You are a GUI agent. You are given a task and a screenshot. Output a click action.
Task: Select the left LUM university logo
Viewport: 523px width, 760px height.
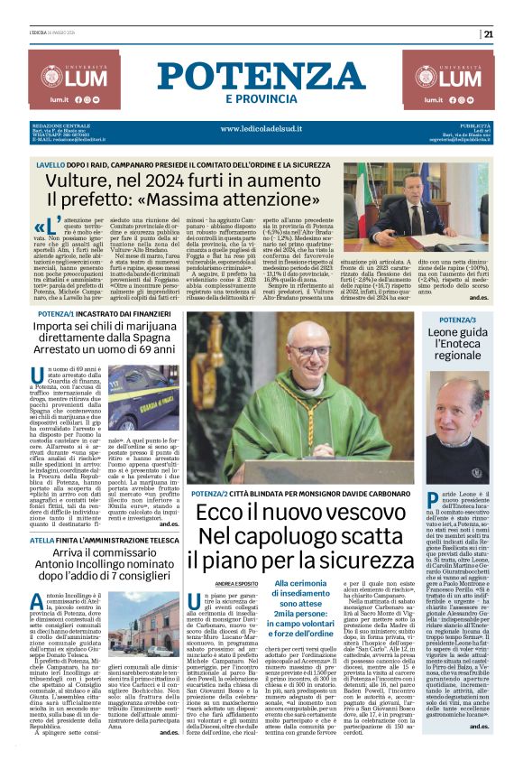[60, 78]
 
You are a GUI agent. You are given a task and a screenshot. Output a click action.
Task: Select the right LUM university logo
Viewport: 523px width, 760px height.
[461, 78]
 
